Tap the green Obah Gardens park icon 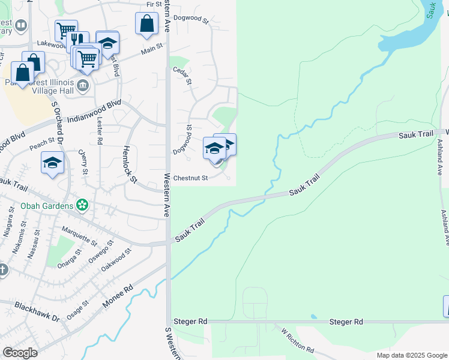(x=83, y=206)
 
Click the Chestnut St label (x=190, y=178)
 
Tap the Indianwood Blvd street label (x=95, y=112)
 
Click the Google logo (x=20, y=353)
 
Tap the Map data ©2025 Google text (x=411, y=355)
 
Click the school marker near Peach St (x=52, y=163)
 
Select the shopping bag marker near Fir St (x=146, y=23)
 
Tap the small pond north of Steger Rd (x=313, y=316)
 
